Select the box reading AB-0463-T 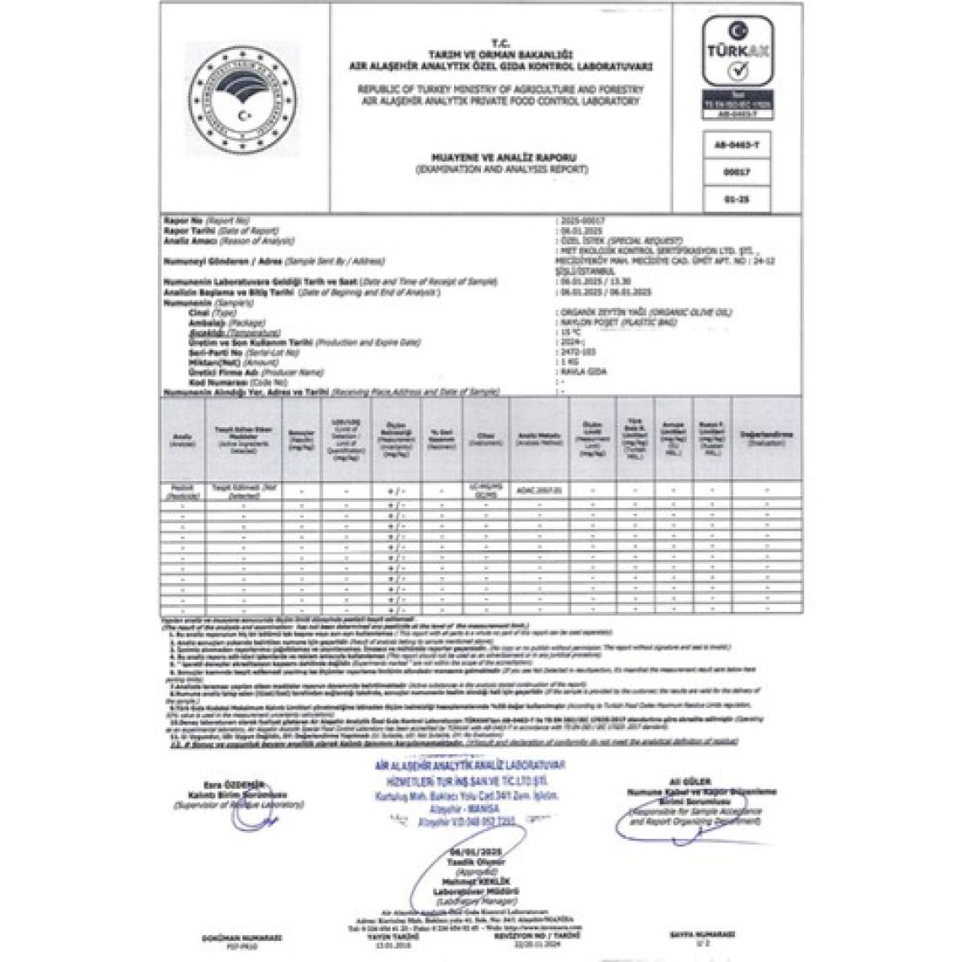pos(738,144)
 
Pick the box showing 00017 pos(738,172)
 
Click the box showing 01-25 pos(738,200)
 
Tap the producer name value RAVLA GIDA pos(579,371)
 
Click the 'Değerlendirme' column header pos(766,437)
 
